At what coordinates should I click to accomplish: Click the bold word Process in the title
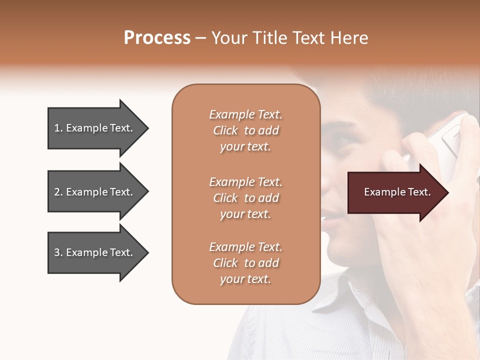(x=157, y=38)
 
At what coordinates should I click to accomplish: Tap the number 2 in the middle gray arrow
(x=57, y=192)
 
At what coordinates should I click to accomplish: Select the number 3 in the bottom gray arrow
(x=57, y=252)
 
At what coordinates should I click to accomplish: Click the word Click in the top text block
(x=225, y=130)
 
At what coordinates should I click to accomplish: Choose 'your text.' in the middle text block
(x=245, y=214)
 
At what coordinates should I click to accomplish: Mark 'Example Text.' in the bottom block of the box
(x=245, y=247)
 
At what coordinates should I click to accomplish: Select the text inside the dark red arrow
(x=397, y=192)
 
